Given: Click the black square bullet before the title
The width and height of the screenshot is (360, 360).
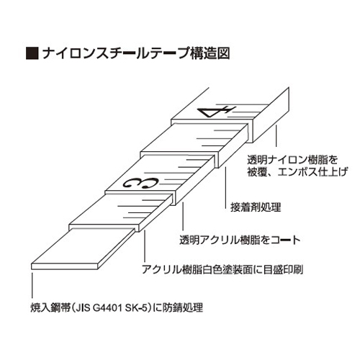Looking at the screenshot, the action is [x=32, y=53].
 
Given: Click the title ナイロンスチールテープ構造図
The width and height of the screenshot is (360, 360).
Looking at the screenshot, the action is [x=136, y=53].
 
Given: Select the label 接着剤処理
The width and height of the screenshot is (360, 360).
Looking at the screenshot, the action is [x=256, y=207].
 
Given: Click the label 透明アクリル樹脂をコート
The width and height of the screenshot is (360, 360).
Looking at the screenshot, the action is [x=240, y=240].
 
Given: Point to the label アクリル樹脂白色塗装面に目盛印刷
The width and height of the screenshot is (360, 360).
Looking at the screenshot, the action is [x=222, y=269].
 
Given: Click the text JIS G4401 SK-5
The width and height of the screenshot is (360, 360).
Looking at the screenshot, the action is [x=111, y=308].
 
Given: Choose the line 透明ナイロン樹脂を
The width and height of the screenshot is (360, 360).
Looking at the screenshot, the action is [x=292, y=160].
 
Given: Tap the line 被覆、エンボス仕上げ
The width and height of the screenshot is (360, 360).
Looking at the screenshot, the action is [x=297, y=172].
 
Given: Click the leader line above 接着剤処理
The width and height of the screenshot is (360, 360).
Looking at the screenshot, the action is [x=225, y=188].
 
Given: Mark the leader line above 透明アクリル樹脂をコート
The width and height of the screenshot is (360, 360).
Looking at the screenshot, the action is [x=183, y=216].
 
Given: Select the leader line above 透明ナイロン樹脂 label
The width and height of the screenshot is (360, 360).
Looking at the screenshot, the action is [x=276, y=136].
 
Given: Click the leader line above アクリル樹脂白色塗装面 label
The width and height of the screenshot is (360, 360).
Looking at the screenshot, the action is [x=145, y=246].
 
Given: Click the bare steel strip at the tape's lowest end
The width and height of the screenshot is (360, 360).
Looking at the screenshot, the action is [x=83, y=249].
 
